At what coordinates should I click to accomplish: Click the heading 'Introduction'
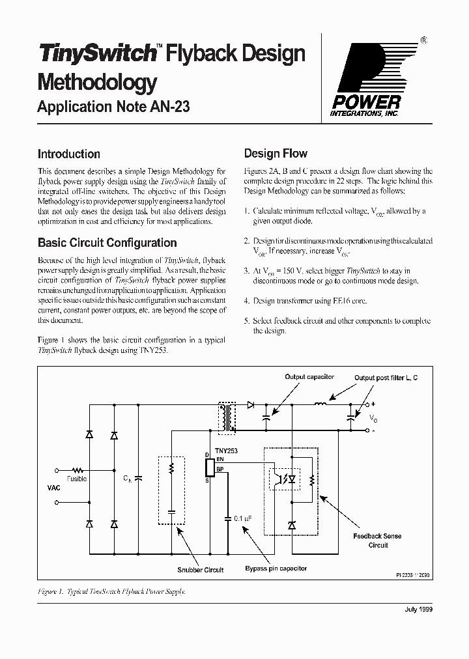pos(68,154)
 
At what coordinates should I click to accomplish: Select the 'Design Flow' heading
pos(276,154)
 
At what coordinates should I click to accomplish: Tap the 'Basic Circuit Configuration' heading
pos(107,243)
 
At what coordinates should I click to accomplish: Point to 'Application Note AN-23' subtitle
pos(113,107)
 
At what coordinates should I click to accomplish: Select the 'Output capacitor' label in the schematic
pos(309,377)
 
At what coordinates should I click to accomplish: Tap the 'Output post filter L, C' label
pos(386,378)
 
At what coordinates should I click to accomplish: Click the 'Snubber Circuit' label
pos(200,570)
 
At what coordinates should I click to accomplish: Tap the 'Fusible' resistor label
pos(76,479)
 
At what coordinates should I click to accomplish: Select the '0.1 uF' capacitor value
pos(242,518)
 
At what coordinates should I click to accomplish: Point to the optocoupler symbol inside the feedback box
pos(287,478)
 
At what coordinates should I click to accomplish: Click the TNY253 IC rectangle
pos(210,467)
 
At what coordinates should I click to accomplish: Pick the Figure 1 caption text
pos(111,591)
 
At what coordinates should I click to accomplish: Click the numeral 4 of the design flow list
pos(247,301)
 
